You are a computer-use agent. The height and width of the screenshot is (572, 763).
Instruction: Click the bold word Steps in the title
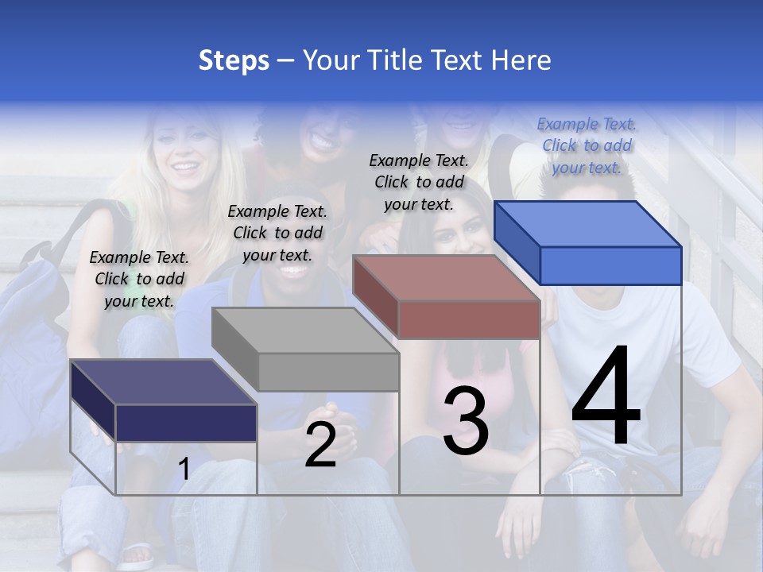click(x=234, y=60)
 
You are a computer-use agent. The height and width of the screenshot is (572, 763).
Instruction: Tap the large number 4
click(x=606, y=397)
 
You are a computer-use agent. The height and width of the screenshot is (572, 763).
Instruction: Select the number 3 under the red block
click(x=466, y=422)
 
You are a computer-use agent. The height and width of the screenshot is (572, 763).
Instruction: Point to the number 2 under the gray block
click(x=320, y=445)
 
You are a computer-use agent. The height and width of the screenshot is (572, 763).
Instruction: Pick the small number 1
click(x=184, y=470)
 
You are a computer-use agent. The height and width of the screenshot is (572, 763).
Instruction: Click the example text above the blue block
click(x=587, y=145)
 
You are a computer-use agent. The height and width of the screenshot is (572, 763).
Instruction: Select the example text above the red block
click(x=419, y=182)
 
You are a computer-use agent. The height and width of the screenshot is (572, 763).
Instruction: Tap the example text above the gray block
click(x=277, y=233)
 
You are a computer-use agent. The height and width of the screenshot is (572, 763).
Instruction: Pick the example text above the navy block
click(x=139, y=279)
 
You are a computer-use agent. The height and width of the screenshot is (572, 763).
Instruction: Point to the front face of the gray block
click(x=328, y=372)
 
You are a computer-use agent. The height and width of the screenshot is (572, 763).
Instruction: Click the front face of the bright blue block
click(x=610, y=265)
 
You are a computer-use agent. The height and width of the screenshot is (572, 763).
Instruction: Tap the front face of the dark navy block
click(x=186, y=423)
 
